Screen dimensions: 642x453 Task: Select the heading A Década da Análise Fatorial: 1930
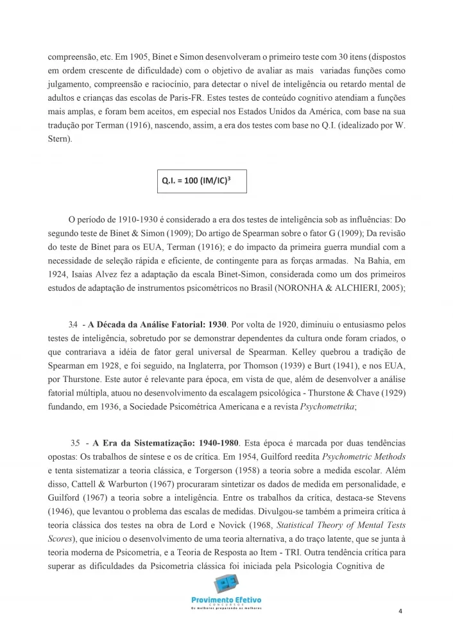coord(158,324)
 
